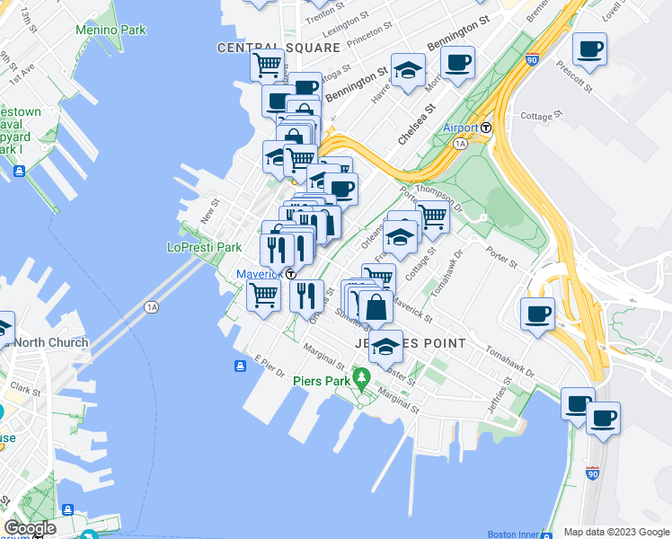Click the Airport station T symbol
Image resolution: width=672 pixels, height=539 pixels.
pos(486,128)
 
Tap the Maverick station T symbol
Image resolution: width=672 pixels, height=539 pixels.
pos(291,274)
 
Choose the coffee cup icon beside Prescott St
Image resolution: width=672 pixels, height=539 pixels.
pos(589,49)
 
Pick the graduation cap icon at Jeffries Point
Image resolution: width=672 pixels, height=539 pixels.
pos(385,347)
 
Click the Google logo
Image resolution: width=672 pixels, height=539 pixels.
pos(30,528)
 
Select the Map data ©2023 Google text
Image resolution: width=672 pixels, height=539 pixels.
pos(616,532)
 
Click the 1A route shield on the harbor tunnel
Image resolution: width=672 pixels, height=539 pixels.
pos(152,307)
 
